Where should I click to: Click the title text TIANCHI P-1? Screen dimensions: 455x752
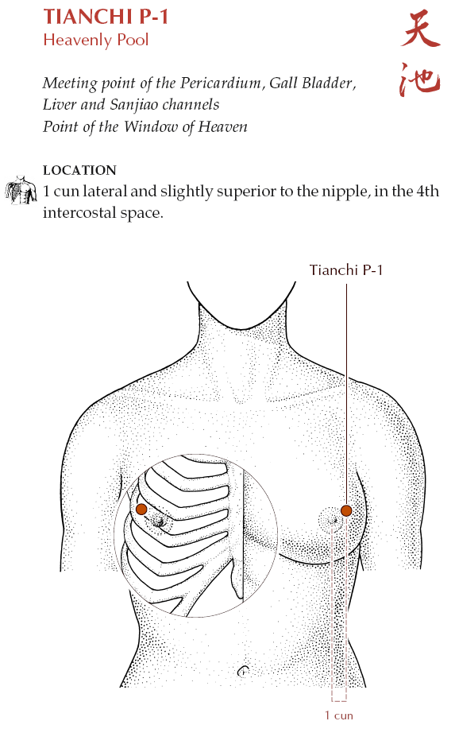click(x=106, y=17)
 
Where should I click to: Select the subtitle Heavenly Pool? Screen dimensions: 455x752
click(x=96, y=40)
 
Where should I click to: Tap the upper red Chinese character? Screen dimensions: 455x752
click(x=420, y=29)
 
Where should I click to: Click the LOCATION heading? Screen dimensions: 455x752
click(x=79, y=170)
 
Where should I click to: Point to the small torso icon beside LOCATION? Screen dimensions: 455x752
click(x=21, y=190)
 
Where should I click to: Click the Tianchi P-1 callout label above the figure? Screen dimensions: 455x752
click(x=345, y=270)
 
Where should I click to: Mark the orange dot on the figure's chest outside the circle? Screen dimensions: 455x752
click(x=346, y=510)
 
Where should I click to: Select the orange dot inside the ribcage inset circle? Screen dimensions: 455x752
click(x=141, y=509)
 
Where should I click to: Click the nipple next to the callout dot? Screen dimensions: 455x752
click(x=335, y=520)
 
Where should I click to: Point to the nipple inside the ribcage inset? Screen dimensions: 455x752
click(x=159, y=521)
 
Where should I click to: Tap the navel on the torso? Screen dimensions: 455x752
click(x=243, y=671)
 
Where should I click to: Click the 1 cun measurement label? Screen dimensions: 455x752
click(x=338, y=715)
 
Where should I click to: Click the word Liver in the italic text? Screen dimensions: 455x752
click(x=60, y=105)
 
